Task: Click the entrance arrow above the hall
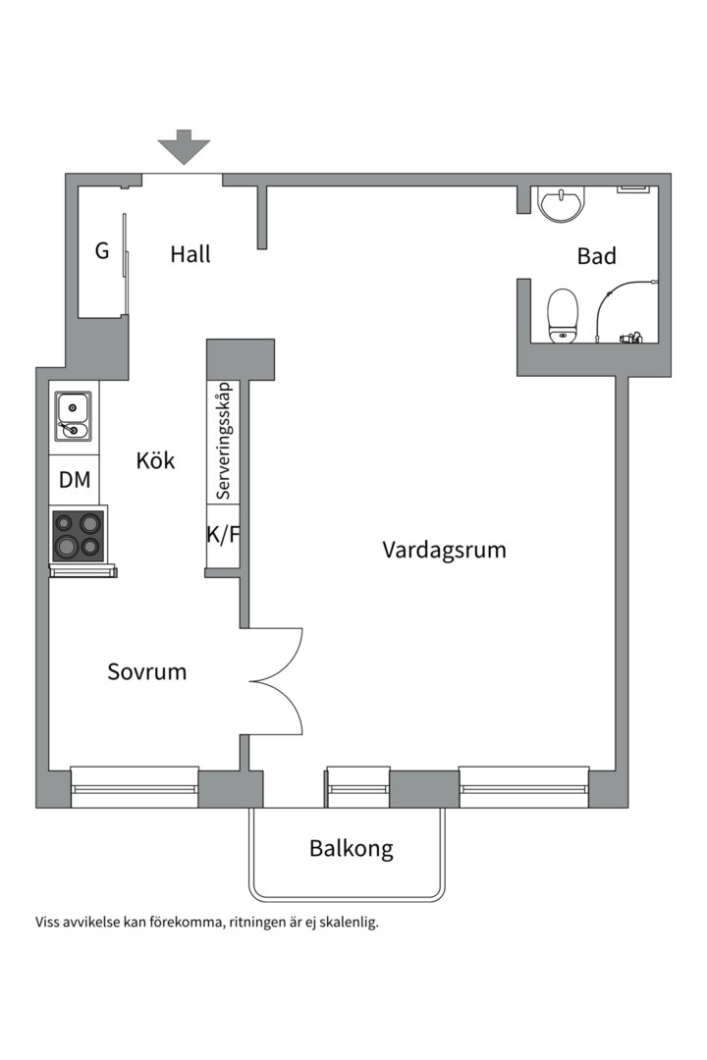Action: click(184, 147)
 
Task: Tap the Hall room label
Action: click(190, 254)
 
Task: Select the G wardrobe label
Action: click(102, 251)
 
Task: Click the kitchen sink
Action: click(74, 416)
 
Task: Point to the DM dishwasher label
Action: click(75, 480)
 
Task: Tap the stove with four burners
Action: click(79, 534)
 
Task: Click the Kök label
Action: click(156, 459)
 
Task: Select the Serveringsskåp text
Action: click(224, 440)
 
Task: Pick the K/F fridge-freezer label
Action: click(223, 535)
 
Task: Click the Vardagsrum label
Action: click(444, 550)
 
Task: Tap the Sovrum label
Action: click(146, 672)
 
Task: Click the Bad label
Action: click(596, 256)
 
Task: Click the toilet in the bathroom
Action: click(563, 314)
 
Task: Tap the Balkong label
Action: click(351, 849)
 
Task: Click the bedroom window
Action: click(135, 787)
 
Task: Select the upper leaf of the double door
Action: click(278, 650)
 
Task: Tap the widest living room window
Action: click(523, 787)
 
